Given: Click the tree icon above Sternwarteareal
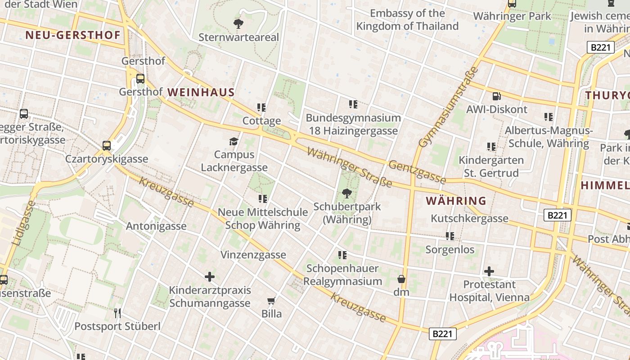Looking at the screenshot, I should [x=238, y=23].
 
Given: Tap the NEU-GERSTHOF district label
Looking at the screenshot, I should [x=73, y=35].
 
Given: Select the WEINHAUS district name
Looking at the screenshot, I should [x=201, y=92].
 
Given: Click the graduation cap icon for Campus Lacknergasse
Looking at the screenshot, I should [x=234, y=142].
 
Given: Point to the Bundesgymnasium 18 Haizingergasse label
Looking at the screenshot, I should [x=353, y=124].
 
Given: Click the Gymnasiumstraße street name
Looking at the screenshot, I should [x=448, y=107].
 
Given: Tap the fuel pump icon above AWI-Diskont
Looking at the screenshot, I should [x=496, y=96].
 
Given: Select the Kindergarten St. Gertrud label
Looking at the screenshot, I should [x=491, y=166].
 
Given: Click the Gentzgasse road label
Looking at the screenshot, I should [x=417, y=172].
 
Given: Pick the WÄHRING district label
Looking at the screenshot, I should [x=456, y=201].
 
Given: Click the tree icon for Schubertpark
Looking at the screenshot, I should [x=346, y=194].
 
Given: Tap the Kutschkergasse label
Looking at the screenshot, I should [x=469, y=218].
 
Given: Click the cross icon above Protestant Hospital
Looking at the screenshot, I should [x=489, y=271].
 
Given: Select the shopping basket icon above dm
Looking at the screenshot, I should [x=401, y=279].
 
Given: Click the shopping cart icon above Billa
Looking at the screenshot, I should [x=271, y=301].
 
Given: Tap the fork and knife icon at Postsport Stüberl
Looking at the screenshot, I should [x=117, y=313].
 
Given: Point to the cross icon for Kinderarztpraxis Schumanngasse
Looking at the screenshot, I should [x=210, y=277].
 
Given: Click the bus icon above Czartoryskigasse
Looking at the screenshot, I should [x=106, y=146].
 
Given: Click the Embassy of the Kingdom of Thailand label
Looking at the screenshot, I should [x=407, y=20].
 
